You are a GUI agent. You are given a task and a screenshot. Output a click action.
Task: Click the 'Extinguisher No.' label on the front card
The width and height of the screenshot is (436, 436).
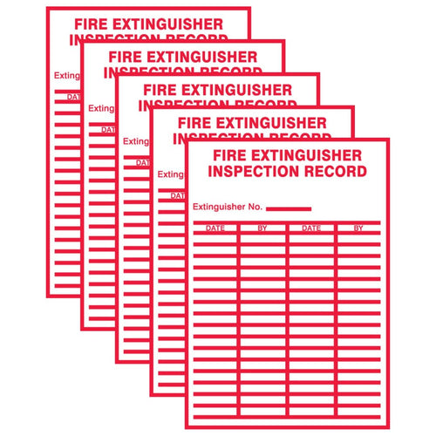pyautogui.click(x=227, y=208)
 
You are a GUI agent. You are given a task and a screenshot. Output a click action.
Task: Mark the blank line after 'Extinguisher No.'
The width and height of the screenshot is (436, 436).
pyautogui.click(x=289, y=208)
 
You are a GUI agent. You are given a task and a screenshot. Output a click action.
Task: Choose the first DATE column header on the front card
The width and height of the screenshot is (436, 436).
pyautogui.click(x=215, y=228)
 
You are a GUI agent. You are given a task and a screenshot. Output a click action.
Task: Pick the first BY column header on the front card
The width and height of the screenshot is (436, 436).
pyautogui.click(x=263, y=228)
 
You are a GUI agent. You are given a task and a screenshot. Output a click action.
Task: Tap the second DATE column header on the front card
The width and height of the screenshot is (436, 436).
pyautogui.click(x=311, y=228)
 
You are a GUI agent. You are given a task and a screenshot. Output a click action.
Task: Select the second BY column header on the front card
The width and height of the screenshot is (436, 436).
pyautogui.click(x=358, y=228)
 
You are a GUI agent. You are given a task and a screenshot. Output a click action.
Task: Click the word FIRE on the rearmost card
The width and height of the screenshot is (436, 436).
pyautogui.click(x=89, y=24)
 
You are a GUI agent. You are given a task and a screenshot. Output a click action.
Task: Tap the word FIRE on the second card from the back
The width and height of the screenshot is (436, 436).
pyautogui.click(x=122, y=57)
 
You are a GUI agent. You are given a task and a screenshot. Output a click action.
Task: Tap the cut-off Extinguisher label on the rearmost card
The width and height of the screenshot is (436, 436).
pyautogui.click(x=66, y=76)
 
